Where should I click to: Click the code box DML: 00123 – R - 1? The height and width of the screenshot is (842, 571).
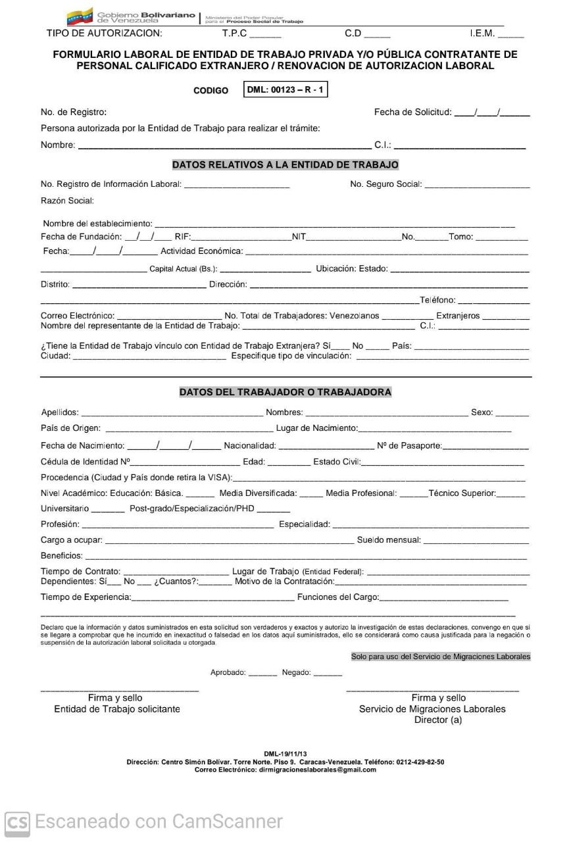pyautogui.click(x=285, y=90)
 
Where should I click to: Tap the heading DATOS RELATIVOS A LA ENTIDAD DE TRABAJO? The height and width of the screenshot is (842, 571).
pyautogui.click(x=285, y=164)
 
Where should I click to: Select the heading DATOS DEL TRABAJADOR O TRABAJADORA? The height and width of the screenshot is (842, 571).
pyautogui.click(x=285, y=392)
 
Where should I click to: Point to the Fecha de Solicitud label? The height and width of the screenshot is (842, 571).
pyautogui.click(x=413, y=112)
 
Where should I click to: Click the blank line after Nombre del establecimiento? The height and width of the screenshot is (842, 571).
pyautogui.click(x=334, y=225)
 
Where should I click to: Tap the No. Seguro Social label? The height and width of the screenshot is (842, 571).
pyautogui.click(x=385, y=184)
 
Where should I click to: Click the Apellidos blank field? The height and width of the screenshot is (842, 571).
pyautogui.click(x=171, y=414)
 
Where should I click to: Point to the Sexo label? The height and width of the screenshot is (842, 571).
pyautogui.click(x=482, y=412)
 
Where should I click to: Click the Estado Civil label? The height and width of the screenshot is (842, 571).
pyautogui.click(x=336, y=462)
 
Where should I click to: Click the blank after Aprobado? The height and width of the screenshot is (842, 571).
pyautogui.click(x=263, y=674)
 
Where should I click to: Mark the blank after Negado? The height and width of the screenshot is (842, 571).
pyautogui.click(x=328, y=674)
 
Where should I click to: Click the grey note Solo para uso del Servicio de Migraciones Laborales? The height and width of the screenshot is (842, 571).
pyautogui.click(x=440, y=656)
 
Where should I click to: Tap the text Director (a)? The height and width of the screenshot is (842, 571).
pyautogui.click(x=438, y=720)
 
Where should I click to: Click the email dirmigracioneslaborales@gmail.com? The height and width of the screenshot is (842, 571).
pyautogui.click(x=317, y=770)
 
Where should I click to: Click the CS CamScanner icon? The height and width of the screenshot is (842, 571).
pyautogui.click(x=17, y=822)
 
